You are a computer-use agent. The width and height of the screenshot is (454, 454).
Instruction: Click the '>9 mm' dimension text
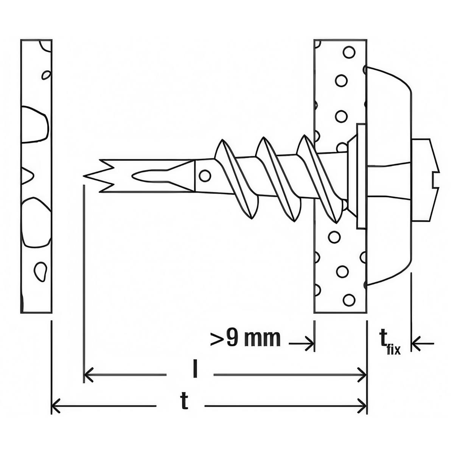click(245, 338)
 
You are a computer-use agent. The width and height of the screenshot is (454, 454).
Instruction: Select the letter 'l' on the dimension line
click(194, 370)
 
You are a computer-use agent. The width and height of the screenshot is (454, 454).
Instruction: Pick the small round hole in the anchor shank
click(205, 175)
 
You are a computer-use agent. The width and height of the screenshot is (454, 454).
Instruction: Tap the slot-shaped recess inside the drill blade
click(148, 176)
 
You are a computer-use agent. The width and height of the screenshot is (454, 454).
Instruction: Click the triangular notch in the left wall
click(27, 175)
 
